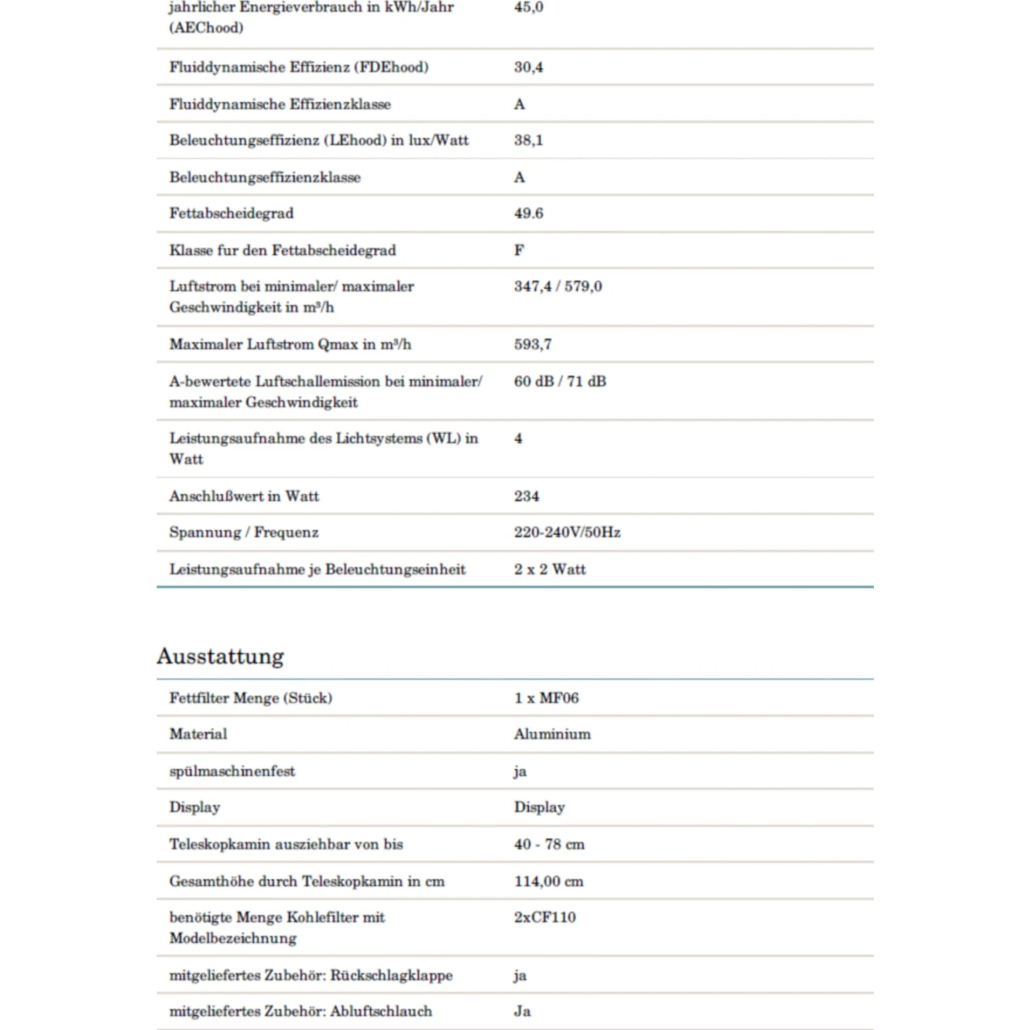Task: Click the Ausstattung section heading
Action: pos(220,656)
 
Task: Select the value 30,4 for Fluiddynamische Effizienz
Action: pos(528,67)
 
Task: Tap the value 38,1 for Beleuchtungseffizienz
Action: pos(528,140)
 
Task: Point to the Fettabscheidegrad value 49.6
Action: pos(528,214)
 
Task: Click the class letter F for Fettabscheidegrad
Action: pos(519,250)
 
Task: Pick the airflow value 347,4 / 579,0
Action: pos(558,286)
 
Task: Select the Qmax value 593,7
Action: pos(532,344)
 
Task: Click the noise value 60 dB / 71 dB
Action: pos(560,381)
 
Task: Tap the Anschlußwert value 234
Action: pos(527,496)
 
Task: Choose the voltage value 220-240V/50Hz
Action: pos(567,532)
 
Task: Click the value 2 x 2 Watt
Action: pos(549,569)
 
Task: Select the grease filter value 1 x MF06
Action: pos(546,698)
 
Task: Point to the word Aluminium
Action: pos(552,734)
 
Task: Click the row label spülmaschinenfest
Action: pos(232,771)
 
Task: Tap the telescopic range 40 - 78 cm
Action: pos(549,844)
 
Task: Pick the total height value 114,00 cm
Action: pos(549,881)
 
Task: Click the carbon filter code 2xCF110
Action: pos(545,917)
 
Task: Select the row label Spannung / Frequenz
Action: pos(244,532)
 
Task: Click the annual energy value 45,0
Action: pos(528,8)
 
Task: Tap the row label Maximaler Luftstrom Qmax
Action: pos(290,344)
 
